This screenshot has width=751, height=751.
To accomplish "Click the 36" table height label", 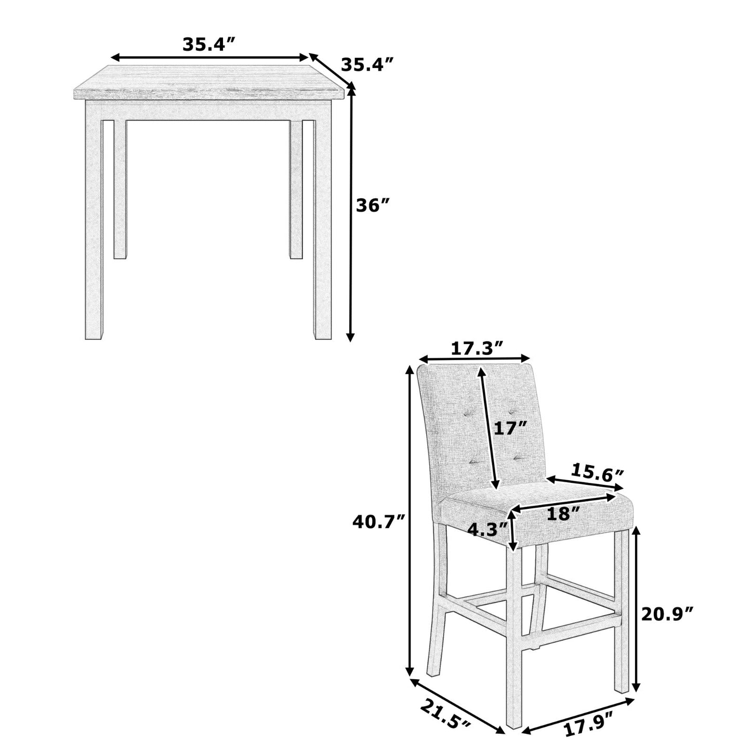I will click(x=373, y=206).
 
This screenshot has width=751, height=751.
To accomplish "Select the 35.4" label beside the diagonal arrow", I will click(x=367, y=65).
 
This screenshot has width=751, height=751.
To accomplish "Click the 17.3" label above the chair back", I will click(x=477, y=349).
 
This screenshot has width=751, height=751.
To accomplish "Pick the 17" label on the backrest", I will click(x=510, y=428).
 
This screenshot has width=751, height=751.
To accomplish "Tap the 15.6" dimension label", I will click(x=597, y=472).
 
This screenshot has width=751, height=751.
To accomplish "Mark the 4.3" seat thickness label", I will click(x=488, y=530).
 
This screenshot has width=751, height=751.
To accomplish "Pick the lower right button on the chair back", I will click(x=517, y=457).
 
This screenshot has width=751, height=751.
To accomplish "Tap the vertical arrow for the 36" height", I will click(x=351, y=213).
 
